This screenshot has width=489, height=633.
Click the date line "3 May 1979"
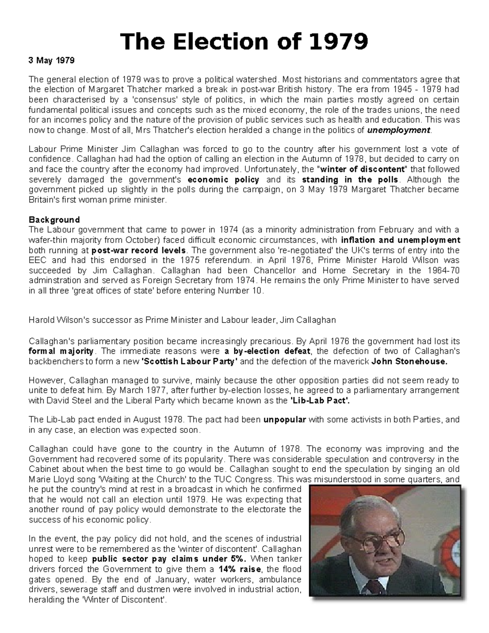pyautogui.click(x=51, y=61)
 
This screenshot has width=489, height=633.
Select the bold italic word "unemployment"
pyautogui.click(x=399, y=130)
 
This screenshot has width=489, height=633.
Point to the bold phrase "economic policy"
pyautogui.click(x=223, y=180)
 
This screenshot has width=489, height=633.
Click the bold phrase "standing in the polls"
pyautogui.click(x=351, y=180)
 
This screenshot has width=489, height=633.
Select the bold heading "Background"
pyautogui.click(x=54, y=220)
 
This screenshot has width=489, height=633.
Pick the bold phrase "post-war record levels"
pyautogui.click(x=139, y=250)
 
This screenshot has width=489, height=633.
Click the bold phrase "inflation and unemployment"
pyautogui.click(x=401, y=240)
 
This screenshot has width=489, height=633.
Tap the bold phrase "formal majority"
pyautogui.click(x=61, y=351)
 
